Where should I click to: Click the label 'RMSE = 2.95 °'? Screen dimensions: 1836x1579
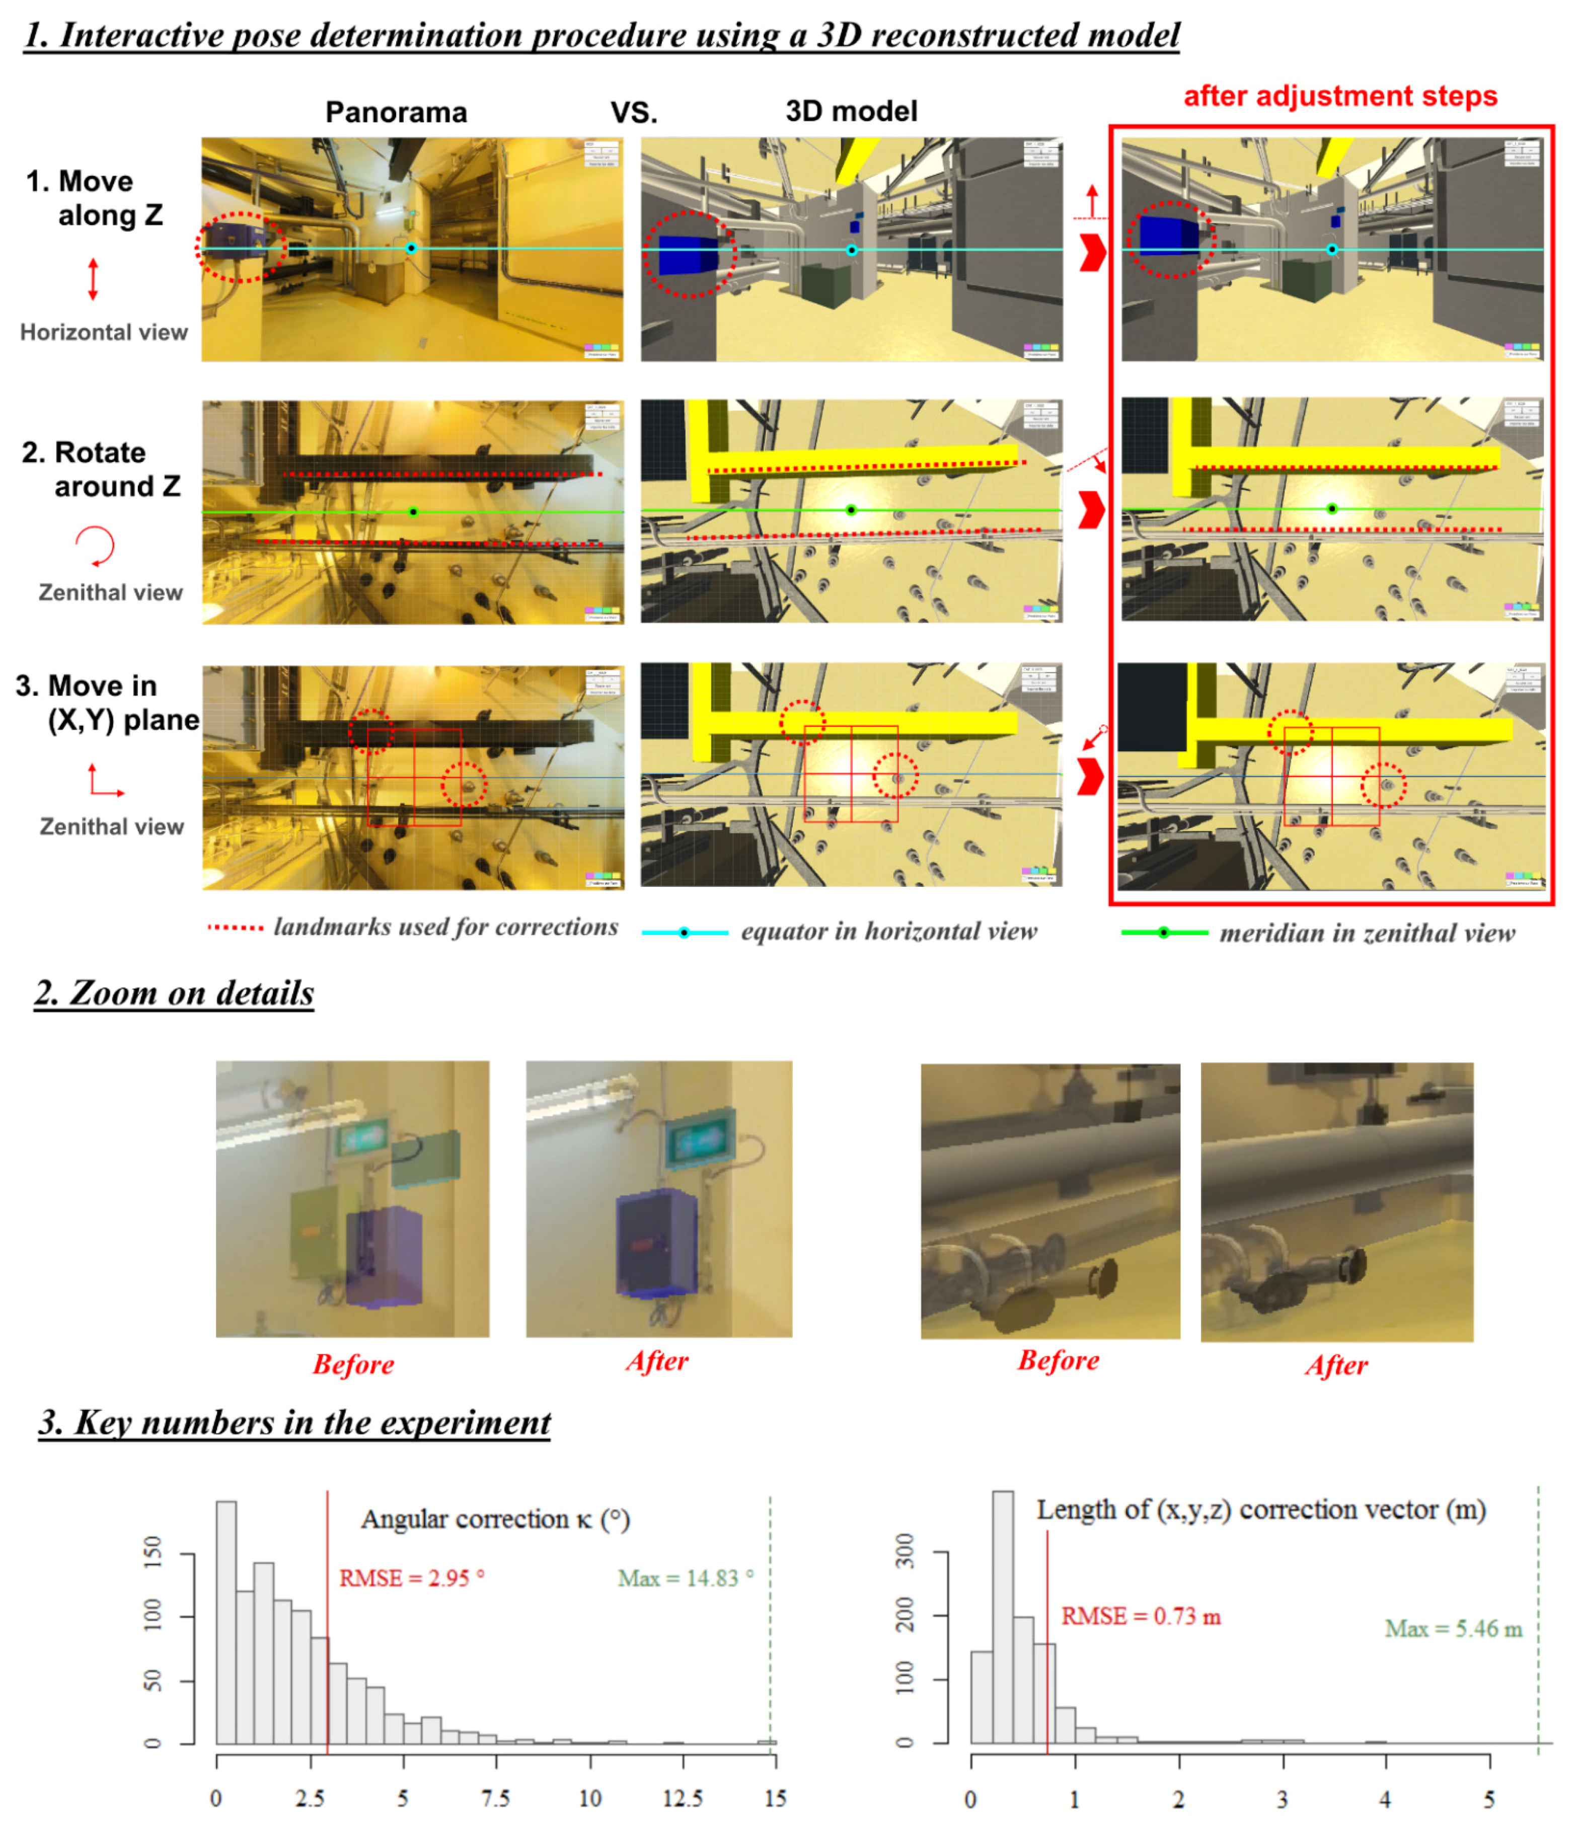[x=411, y=1578]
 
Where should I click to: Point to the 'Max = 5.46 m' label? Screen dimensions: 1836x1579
[x=1453, y=1629]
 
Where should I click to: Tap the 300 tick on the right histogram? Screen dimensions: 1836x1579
[x=905, y=1551]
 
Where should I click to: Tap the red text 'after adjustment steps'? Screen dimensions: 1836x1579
[x=1340, y=96]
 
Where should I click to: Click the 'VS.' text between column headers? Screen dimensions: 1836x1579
[x=634, y=113]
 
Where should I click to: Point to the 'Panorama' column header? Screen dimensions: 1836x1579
[x=396, y=113]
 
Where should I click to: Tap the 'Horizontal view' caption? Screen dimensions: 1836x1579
[x=104, y=332]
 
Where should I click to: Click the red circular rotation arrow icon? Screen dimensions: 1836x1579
[x=96, y=545]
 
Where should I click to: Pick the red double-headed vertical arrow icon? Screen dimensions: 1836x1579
[x=93, y=279]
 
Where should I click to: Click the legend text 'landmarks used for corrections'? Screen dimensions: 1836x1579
[x=445, y=927]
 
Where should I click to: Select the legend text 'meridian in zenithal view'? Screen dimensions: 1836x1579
[x=1367, y=933]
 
